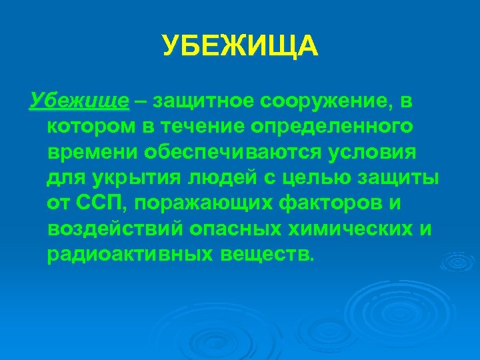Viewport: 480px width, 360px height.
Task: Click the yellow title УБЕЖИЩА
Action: click(x=240, y=47)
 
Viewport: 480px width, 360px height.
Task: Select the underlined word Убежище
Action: click(x=79, y=101)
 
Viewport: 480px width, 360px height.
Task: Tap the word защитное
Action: click(x=205, y=101)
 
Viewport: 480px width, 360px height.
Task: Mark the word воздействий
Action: click(x=117, y=229)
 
